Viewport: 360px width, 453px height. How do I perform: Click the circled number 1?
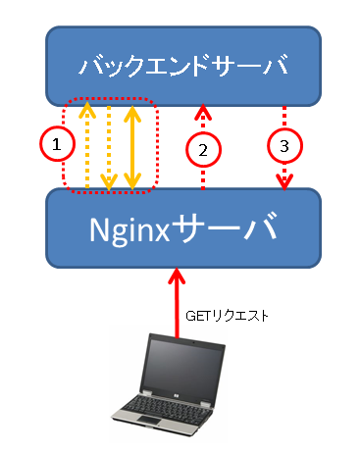point(57,144)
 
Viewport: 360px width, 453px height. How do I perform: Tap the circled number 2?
point(203,150)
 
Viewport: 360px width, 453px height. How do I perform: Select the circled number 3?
point(284,146)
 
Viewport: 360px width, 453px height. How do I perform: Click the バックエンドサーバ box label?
point(183,65)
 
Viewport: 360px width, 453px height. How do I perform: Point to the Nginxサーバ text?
point(183,228)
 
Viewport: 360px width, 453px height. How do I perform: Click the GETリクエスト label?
point(227,316)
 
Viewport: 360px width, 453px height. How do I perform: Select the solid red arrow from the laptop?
point(177,303)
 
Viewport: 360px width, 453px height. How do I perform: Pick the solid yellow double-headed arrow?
point(132,147)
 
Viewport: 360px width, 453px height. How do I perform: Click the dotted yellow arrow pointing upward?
point(87,145)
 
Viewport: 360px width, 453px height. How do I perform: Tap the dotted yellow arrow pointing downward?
point(109,148)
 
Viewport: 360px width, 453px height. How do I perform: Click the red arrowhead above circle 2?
point(203,112)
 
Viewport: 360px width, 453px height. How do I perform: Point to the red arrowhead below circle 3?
point(284,182)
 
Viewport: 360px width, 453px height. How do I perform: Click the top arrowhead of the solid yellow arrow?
point(132,113)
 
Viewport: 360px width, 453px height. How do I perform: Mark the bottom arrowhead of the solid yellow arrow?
point(132,181)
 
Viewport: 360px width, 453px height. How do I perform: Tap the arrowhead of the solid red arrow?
point(177,276)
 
